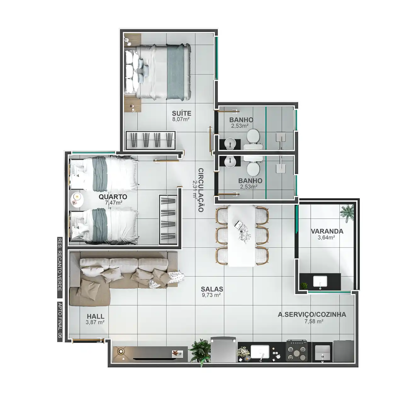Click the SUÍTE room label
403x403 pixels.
click(182, 113)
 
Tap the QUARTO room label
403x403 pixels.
click(113, 197)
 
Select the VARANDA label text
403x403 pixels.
click(327, 231)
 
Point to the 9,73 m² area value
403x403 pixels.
click(212, 295)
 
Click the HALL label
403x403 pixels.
click(96, 316)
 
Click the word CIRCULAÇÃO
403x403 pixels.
click(201, 190)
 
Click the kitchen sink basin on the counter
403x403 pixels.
click(260, 352)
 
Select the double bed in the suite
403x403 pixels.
click(158, 71)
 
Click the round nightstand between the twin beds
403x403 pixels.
click(77, 200)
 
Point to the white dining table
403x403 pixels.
click(242, 236)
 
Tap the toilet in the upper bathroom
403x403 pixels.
click(253, 139)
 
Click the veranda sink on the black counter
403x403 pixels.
click(320, 281)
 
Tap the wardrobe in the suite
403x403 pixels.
click(150, 140)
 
